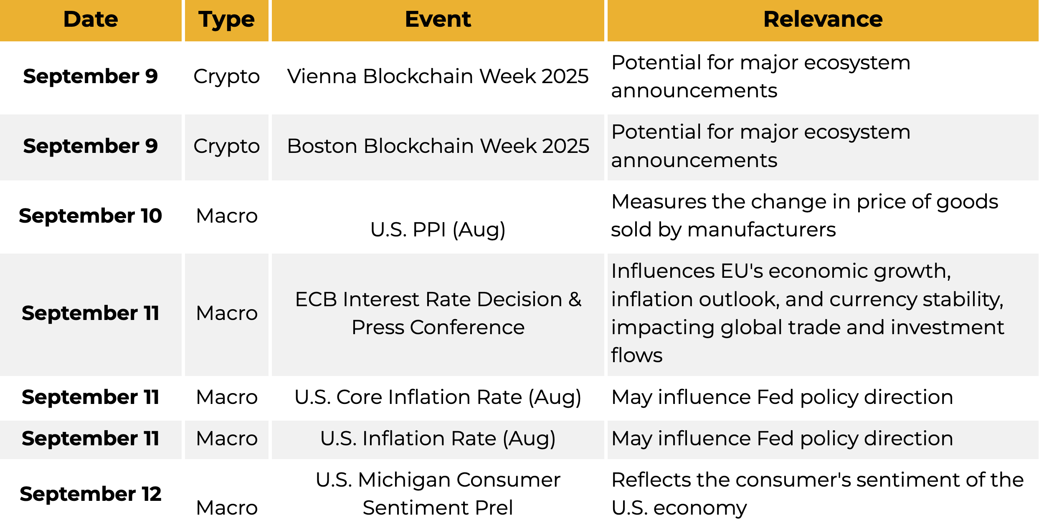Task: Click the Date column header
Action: pyautogui.click(x=91, y=19)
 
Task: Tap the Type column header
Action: pyautogui.click(x=226, y=20)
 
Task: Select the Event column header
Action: pyautogui.click(x=438, y=19)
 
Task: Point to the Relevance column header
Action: pyautogui.click(x=823, y=19)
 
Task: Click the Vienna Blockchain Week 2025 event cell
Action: pyautogui.click(x=438, y=76)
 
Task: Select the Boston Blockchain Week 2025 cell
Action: pyautogui.click(x=438, y=146)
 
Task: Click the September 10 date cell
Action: pyautogui.click(x=91, y=216)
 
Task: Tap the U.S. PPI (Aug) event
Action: pyautogui.click(x=438, y=230)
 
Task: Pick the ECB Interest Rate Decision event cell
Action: pyautogui.click(x=438, y=313)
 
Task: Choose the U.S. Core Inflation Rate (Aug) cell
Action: pyautogui.click(x=438, y=397)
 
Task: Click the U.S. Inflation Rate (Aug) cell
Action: pyautogui.click(x=438, y=439)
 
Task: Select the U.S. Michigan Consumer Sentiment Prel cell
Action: pyautogui.click(x=438, y=494)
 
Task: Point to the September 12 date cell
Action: pyautogui.click(x=91, y=494)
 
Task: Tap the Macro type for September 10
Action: pyautogui.click(x=227, y=216)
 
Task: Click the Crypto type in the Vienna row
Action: pyautogui.click(x=227, y=77)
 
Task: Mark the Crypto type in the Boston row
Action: pyautogui.click(x=227, y=147)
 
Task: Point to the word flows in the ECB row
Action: pyautogui.click(x=637, y=355)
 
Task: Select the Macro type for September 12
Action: pyautogui.click(x=227, y=508)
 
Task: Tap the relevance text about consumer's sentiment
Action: pyautogui.click(x=817, y=494)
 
